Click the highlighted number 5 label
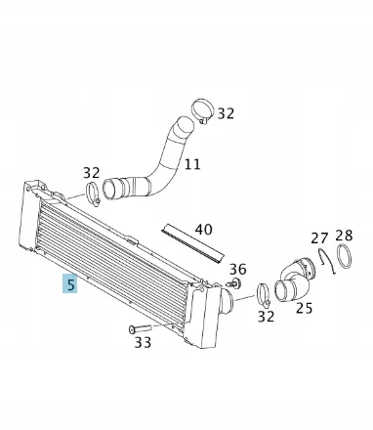[x=71, y=285]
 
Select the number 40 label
[x=203, y=231]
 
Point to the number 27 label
[x=320, y=238]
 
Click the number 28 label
[x=344, y=236]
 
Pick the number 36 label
[x=238, y=269]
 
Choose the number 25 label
[x=304, y=308]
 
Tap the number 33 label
[x=143, y=343]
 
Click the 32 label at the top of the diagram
[x=226, y=113]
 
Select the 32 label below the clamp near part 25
[x=266, y=316]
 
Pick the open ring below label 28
[x=344, y=260]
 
